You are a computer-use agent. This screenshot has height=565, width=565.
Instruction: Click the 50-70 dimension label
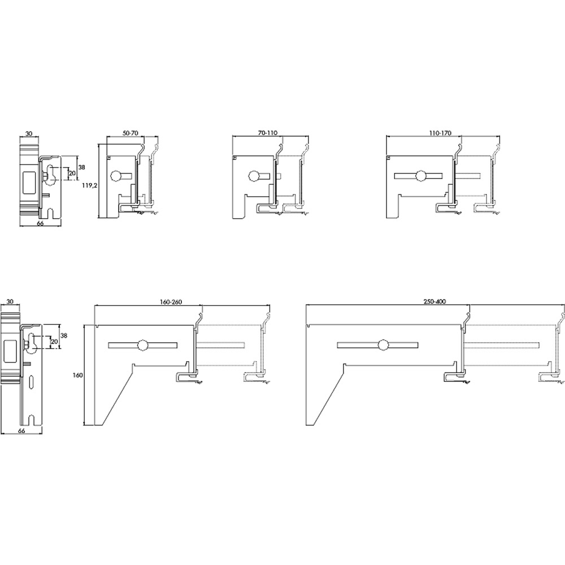coord(131,133)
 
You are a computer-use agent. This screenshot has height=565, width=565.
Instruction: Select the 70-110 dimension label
coord(268,133)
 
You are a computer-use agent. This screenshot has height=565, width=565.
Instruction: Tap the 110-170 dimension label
coord(440,133)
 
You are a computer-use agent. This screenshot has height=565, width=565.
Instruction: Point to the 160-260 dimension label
coord(171,302)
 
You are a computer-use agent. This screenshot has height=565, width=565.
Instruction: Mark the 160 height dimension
coord(78,375)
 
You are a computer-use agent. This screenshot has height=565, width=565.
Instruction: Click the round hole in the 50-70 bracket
coord(117,176)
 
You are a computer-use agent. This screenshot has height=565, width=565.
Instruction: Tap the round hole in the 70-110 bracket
coord(254,176)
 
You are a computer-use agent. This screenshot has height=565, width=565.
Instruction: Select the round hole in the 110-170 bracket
coord(420,176)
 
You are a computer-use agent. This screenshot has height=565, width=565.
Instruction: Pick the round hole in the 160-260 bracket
coord(143,345)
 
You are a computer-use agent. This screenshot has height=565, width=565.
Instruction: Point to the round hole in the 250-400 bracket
coord(384,345)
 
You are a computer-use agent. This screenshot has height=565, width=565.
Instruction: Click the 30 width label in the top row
coord(29,134)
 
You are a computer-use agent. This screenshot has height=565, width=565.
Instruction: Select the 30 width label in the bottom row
coord(10,301)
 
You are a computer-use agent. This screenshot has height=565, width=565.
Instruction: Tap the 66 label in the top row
coord(40,223)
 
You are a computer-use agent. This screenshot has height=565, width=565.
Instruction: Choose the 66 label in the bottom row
coord(21,431)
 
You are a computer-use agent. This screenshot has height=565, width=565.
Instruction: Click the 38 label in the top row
coord(82,167)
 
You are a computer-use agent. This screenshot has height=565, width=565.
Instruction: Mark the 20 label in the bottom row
coord(54,341)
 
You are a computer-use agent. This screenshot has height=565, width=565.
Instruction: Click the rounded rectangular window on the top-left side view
coord(29,183)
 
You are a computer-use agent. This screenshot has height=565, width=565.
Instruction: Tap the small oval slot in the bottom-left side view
coord(32,382)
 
